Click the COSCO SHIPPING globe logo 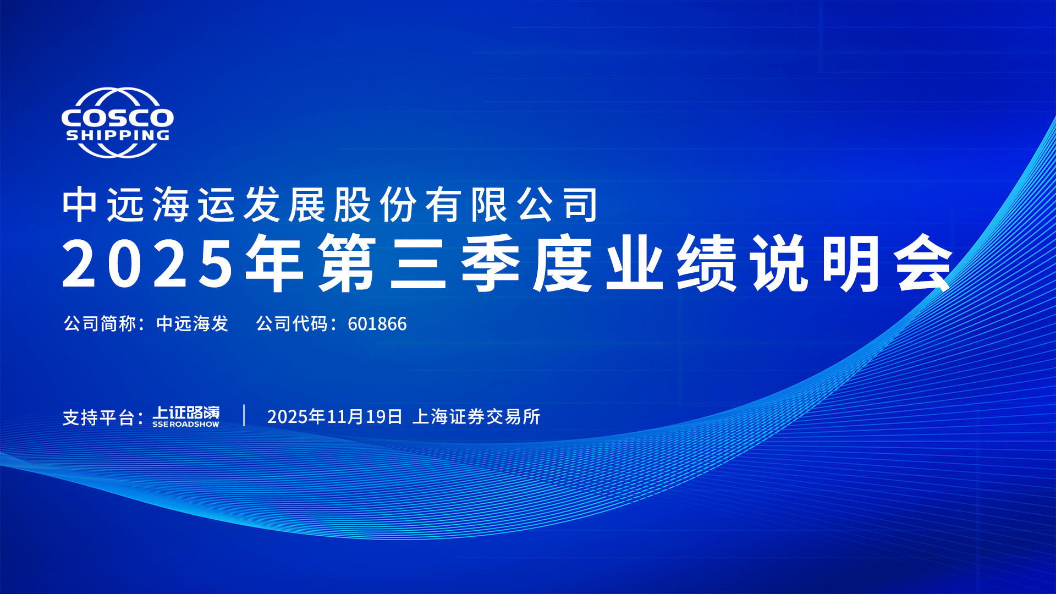click(x=117, y=123)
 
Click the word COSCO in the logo click(x=117, y=118)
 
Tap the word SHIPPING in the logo click(x=118, y=135)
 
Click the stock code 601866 click(x=377, y=324)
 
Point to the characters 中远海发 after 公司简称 click(x=192, y=324)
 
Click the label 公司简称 click(x=100, y=324)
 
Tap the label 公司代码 click(x=292, y=324)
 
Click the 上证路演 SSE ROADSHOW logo click(x=186, y=416)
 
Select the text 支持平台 click(x=99, y=417)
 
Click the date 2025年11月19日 click(x=334, y=417)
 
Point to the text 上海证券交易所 click(x=476, y=417)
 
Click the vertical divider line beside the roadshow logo click(x=244, y=415)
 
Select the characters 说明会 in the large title click(x=852, y=263)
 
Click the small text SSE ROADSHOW click(x=186, y=425)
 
